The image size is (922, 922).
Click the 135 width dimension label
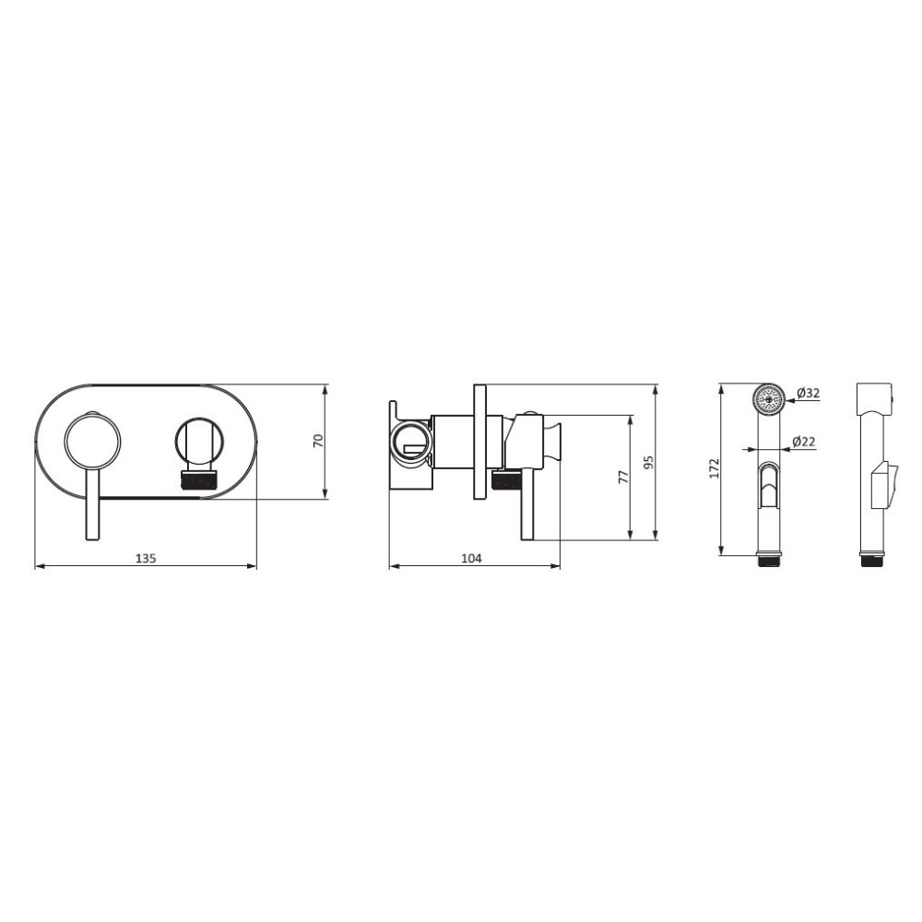click(146, 558)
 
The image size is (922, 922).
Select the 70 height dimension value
click(319, 441)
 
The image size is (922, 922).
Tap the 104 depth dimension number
click(471, 558)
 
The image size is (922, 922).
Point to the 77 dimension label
click(624, 477)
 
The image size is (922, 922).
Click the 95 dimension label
click(649, 462)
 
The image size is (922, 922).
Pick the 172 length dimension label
click(715, 468)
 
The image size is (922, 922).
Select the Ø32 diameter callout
click(809, 393)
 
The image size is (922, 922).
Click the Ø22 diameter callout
click(804, 441)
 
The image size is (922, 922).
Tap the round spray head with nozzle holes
click(769, 399)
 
